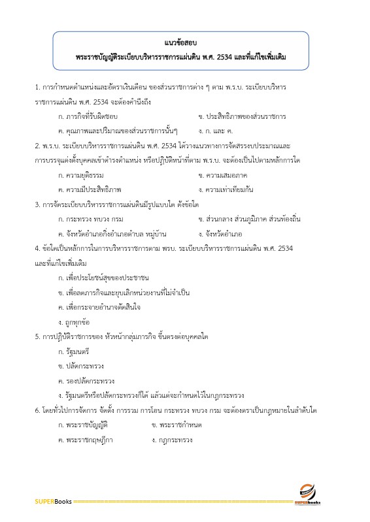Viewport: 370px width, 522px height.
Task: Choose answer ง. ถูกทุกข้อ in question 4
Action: [74, 321]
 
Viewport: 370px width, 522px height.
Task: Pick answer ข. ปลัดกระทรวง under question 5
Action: [80, 366]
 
